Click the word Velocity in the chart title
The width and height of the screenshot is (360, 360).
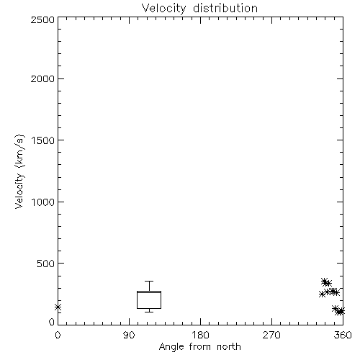coord(163,9)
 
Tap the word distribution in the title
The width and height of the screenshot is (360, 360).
coord(225,8)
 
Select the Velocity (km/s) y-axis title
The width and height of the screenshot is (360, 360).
coord(19,171)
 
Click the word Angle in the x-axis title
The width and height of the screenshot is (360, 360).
coord(171,347)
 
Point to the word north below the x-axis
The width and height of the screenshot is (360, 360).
coord(229,346)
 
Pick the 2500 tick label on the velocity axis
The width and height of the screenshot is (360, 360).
coord(42,19)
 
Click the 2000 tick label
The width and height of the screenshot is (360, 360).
coord(42,79)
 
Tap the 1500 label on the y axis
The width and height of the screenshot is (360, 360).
coord(43,140)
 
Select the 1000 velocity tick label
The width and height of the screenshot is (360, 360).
coord(43,202)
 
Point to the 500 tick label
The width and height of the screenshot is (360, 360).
coord(46,264)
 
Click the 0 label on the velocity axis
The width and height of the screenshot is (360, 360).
coord(52,322)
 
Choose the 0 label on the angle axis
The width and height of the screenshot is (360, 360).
coord(58,335)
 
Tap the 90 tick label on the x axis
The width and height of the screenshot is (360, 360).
coord(129,335)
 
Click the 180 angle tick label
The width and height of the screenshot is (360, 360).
coord(200,335)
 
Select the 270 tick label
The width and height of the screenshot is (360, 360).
coord(271,335)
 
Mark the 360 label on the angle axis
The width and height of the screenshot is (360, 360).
coord(343,335)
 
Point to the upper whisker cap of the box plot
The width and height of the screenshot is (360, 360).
coord(149,282)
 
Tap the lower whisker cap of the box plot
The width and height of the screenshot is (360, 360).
coord(149,312)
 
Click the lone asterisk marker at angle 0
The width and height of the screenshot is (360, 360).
coord(58,307)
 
